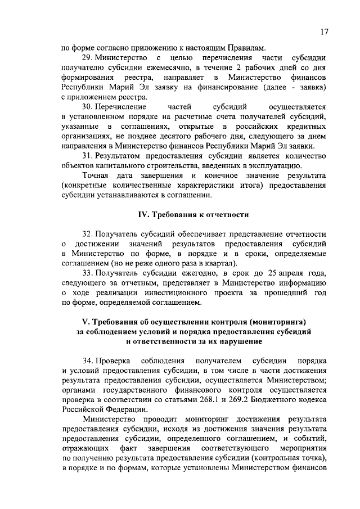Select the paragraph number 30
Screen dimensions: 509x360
(89, 106)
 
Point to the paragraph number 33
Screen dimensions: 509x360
(89, 272)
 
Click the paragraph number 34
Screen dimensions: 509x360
(89, 359)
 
